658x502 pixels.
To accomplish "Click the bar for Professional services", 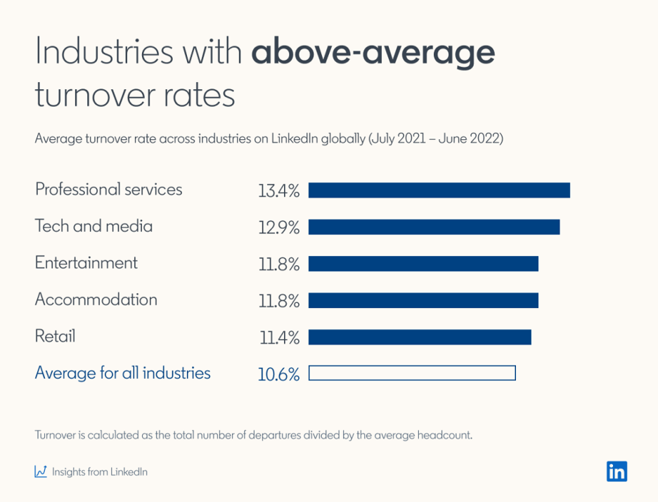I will coord(439,190).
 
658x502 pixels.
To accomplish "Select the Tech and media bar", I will coord(434,227).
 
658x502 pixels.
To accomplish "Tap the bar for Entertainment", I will coord(423,264).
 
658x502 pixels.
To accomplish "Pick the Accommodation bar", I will coord(423,300).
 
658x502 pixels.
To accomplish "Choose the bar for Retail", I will coord(420,337).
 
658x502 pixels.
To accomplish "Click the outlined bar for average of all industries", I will coord(412,373).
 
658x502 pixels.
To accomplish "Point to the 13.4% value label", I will coord(278,191).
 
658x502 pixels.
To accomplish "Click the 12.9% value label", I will coord(278,228).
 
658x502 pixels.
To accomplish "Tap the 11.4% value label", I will coord(279,338).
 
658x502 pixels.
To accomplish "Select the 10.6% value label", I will coord(278,375).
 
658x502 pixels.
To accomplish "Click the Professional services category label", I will coord(108,190).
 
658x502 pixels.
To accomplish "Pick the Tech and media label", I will coord(93,226).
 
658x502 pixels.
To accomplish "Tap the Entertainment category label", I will coord(86,263).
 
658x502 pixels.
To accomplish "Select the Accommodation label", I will coord(96,300).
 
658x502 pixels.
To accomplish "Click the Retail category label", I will coord(55,336).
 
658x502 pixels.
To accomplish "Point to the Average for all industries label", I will coord(122,373).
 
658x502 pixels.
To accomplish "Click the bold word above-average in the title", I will coord(373,53).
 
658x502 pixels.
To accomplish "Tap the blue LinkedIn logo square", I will coord(617,471).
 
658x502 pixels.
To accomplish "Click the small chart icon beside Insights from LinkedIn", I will coord(41,472).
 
